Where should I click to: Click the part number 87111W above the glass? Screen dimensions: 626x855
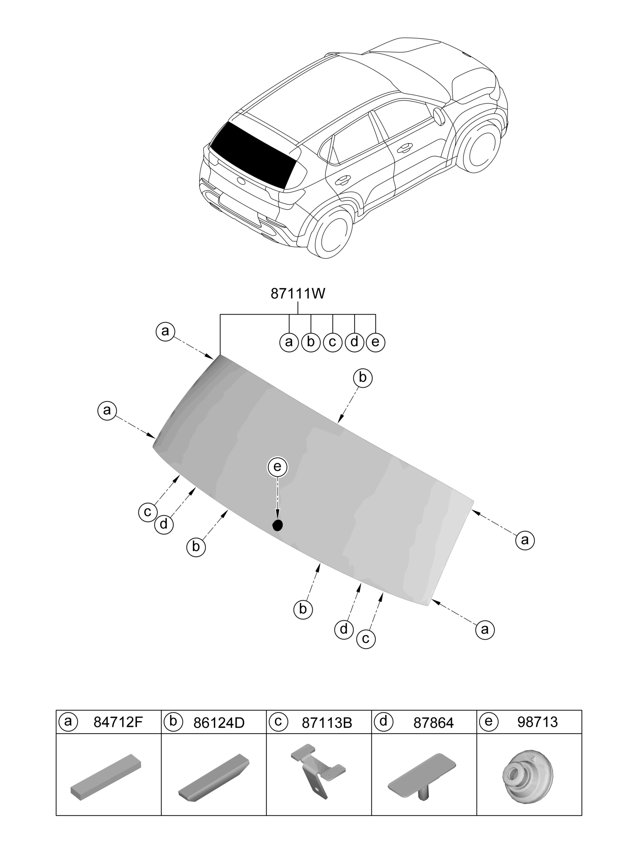(x=298, y=294)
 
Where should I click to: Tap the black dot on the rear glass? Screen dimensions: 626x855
(x=278, y=525)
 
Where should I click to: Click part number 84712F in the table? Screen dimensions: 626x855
(x=118, y=722)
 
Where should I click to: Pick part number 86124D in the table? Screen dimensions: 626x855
(x=219, y=723)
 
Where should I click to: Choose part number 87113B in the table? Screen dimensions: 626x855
(x=327, y=723)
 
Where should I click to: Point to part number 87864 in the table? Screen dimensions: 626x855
(x=434, y=723)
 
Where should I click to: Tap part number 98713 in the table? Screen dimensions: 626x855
(x=538, y=722)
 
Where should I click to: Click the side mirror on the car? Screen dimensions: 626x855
(x=439, y=117)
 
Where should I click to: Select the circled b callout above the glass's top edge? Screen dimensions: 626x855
(x=363, y=378)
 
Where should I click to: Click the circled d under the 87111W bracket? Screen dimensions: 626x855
(x=354, y=342)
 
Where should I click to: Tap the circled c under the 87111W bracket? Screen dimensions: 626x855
(x=333, y=342)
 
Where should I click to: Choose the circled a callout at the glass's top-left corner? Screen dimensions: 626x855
(x=165, y=331)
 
